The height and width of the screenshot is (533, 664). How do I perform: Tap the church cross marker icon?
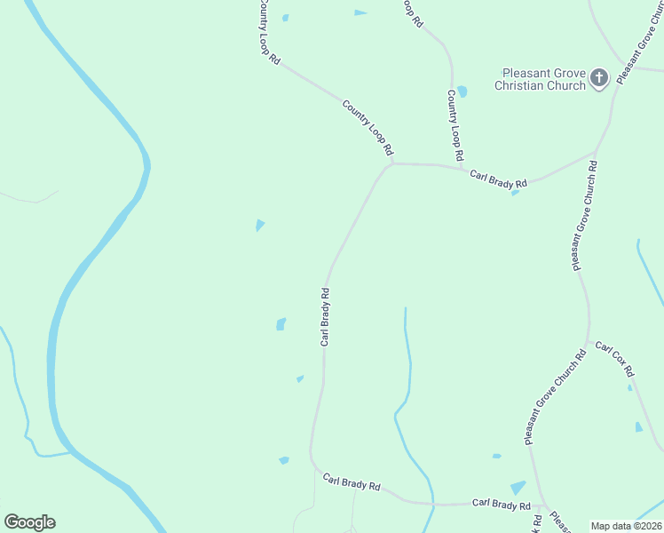click(x=599, y=78)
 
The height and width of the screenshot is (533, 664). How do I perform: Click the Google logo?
click(x=29, y=522)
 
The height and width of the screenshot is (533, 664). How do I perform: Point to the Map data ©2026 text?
click(x=625, y=526)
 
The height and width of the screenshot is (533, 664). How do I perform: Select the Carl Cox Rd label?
click(x=614, y=357)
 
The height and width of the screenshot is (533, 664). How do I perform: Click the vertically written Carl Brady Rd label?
click(x=326, y=316)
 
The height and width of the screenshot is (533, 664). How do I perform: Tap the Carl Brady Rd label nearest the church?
click(x=498, y=178)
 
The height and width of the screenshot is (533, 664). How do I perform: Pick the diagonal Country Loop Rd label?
click(x=368, y=128)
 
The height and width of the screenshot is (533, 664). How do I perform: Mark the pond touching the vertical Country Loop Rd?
click(x=462, y=91)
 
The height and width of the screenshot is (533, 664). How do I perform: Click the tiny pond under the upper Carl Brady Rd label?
click(x=515, y=192)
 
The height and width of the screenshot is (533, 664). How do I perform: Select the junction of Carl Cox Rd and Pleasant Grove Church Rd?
click(x=587, y=342)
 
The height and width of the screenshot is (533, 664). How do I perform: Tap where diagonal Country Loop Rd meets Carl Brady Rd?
click(x=391, y=163)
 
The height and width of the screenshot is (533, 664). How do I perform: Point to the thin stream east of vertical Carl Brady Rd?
click(x=407, y=373)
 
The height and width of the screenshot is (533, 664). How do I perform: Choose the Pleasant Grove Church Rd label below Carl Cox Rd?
click(x=554, y=397)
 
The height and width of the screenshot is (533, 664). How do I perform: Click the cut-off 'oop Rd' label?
click(x=410, y=13)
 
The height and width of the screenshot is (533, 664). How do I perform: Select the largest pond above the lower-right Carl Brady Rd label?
click(x=518, y=488)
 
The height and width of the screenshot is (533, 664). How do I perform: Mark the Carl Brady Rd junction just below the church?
click(x=596, y=153)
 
